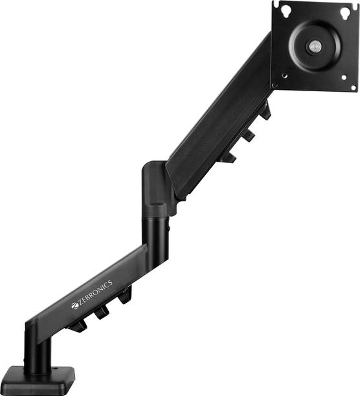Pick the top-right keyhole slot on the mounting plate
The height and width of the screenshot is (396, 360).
pyautogui.click(x=352, y=9)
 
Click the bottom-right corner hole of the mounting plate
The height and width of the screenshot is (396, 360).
pyautogui.click(x=353, y=86)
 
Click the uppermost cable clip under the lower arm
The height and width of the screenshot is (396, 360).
pyautogui.click(x=123, y=294)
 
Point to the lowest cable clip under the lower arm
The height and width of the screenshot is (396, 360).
pyautogui.click(x=78, y=324)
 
